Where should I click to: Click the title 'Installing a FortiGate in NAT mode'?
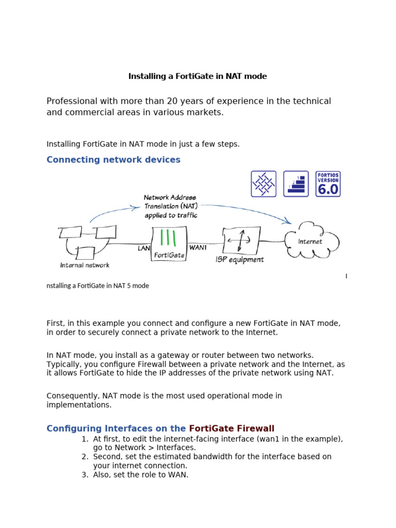tap(197, 76)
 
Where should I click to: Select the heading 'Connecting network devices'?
tap(113, 160)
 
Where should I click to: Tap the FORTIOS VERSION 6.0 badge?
tap(328, 184)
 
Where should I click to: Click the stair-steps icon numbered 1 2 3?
tap(296, 184)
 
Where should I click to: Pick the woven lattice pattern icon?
tap(263, 184)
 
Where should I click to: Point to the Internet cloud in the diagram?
tap(310, 241)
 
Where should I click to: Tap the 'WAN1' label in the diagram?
tap(199, 247)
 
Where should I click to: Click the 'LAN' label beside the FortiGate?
tap(144, 248)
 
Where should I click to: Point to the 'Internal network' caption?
tap(85, 266)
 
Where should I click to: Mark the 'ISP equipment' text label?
tap(240, 260)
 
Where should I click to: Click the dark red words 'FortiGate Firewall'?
tap(232, 428)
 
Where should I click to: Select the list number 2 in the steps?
tap(85, 457)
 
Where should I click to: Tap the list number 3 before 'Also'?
tap(85, 475)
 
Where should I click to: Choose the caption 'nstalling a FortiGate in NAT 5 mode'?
tap(98, 286)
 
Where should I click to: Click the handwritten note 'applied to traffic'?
tap(170, 216)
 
